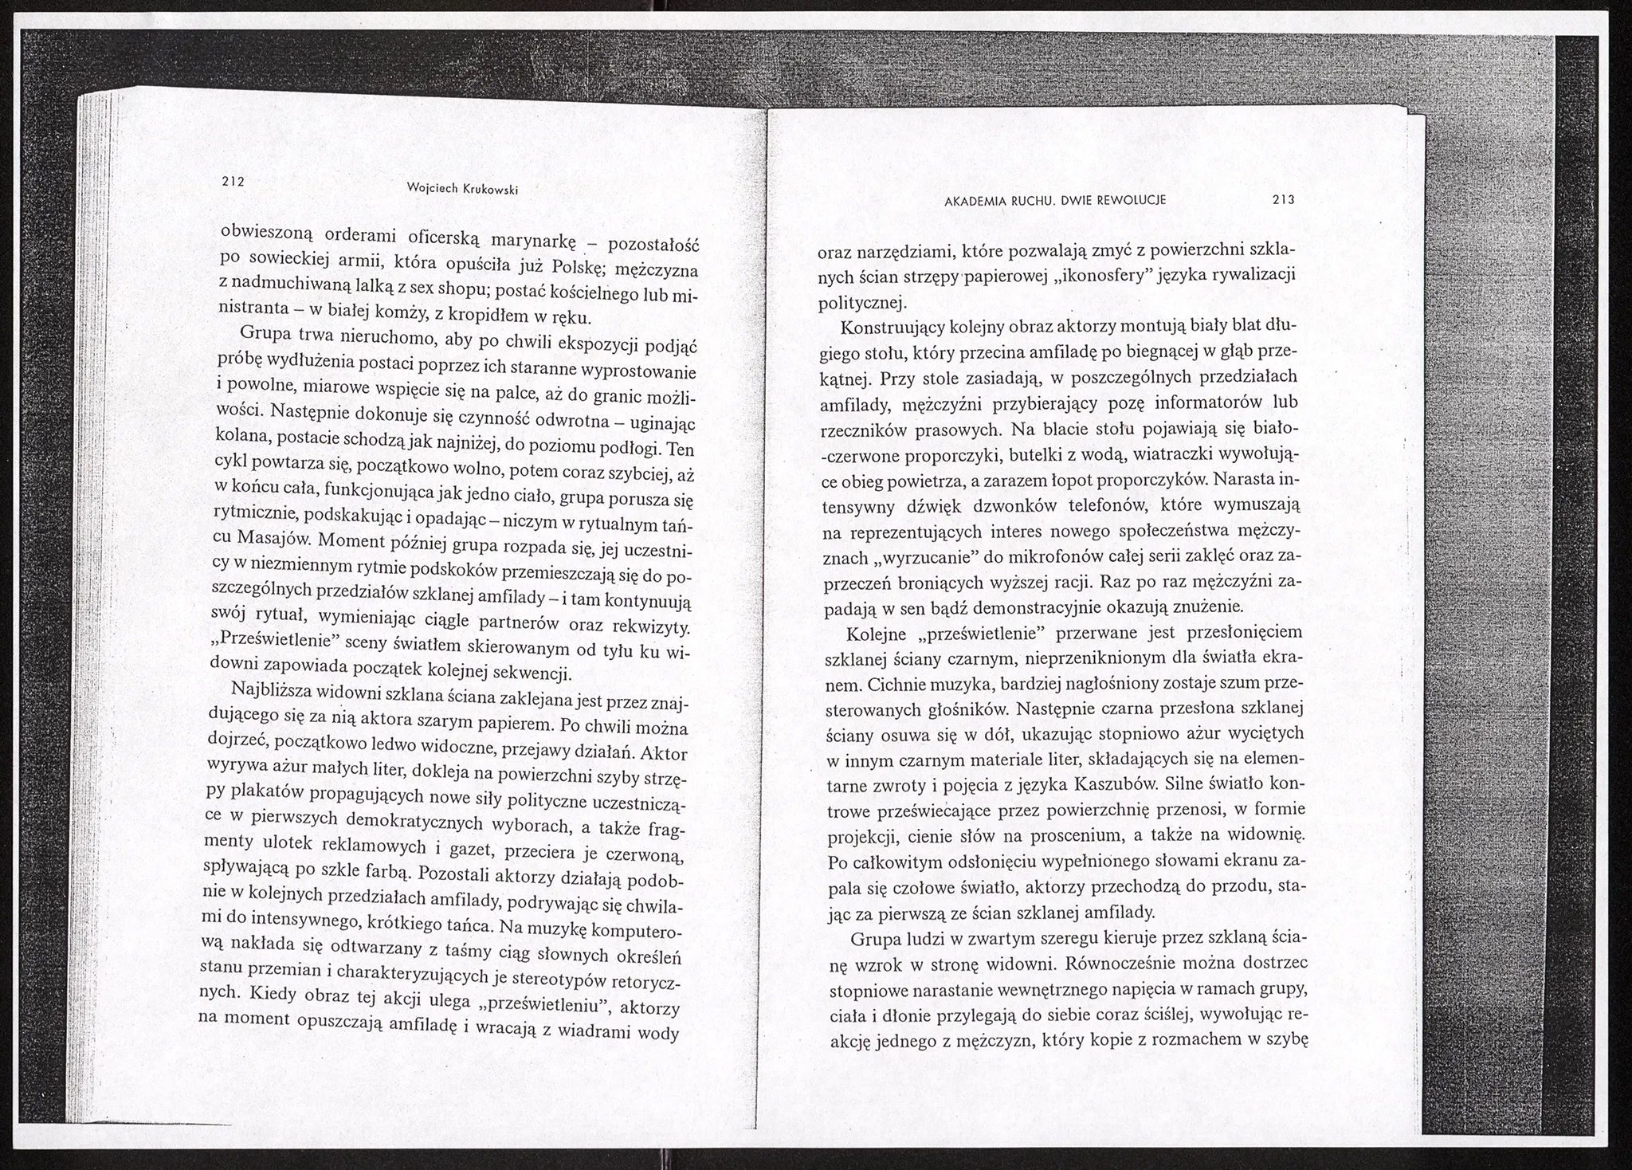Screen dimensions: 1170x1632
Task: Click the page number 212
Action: tap(232, 181)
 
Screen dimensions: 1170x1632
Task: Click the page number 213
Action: tap(1284, 200)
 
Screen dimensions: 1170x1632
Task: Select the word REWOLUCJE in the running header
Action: tap(1132, 200)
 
